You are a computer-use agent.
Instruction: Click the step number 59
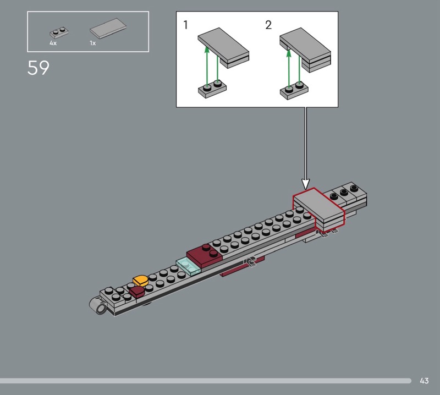click(x=38, y=68)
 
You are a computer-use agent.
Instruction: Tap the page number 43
click(x=424, y=381)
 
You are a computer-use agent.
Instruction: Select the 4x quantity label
click(x=53, y=43)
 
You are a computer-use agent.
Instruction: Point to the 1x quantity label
click(x=92, y=43)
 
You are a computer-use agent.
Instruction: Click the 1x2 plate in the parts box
click(x=59, y=32)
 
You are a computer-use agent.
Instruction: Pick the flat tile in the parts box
click(x=108, y=28)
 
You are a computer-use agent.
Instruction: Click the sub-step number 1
click(x=185, y=25)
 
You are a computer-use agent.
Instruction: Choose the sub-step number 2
click(x=268, y=25)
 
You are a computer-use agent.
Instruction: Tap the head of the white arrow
click(x=306, y=184)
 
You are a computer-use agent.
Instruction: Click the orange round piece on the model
click(x=141, y=281)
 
